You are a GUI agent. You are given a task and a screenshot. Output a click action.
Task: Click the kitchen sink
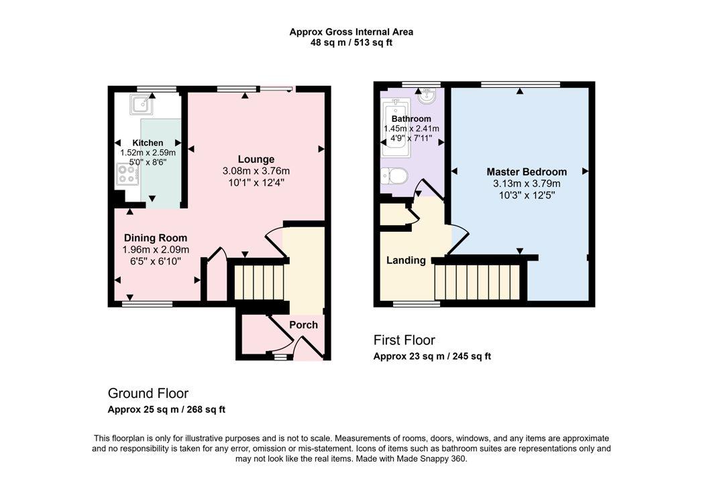[x=141, y=105]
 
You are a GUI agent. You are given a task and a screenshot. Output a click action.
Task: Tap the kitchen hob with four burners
[x=127, y=174]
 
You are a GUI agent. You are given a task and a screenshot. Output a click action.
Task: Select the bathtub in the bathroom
[x=396, y=128]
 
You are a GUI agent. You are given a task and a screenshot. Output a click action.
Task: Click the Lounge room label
[x=256, y=159]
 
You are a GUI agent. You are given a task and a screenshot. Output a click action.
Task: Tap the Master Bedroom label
[x=527, y=172]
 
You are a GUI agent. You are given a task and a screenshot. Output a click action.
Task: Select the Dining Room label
[x=156, y=238]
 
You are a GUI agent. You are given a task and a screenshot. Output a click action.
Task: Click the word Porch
[x=303, y=325]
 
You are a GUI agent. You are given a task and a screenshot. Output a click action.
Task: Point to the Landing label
[x=407, y=260]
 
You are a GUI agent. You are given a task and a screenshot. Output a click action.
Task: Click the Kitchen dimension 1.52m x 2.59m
[x=148, y=153]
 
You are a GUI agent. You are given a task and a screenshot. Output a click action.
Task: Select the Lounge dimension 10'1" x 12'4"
[x=256, y=183]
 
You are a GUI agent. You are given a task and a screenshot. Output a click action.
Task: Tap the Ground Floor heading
[x=148, y=393]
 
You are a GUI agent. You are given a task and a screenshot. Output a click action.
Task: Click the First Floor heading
[x=404, y=340]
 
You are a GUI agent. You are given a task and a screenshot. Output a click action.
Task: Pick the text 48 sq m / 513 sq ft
[x=351, y=43]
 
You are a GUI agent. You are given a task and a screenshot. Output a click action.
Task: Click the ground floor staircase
[x=260, y=282]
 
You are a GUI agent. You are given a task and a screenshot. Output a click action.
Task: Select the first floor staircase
[x=478, y=282]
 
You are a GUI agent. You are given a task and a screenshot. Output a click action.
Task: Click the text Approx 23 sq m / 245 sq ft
[x=432, y=356]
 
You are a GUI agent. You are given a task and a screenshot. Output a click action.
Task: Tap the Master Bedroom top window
[x=521, y=84]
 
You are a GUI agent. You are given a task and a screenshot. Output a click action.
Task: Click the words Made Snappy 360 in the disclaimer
[x=431, y=459]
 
